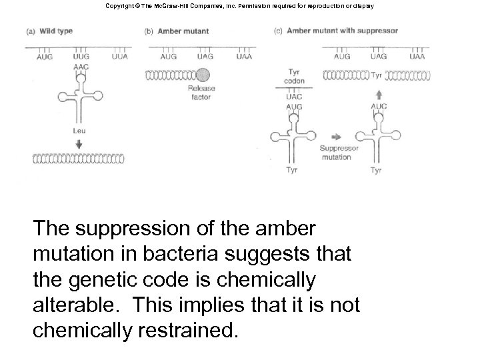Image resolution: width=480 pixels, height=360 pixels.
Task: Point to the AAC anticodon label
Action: click(x=81, y=67)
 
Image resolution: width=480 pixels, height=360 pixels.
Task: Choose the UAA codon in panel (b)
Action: click(x=244, y=57)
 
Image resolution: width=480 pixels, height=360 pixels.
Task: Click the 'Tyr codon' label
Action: click(x=295, y=76)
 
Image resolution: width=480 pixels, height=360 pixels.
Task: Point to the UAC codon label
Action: click(x=294, y=96)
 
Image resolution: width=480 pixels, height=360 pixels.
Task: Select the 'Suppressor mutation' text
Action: click(x=339, y=152)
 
